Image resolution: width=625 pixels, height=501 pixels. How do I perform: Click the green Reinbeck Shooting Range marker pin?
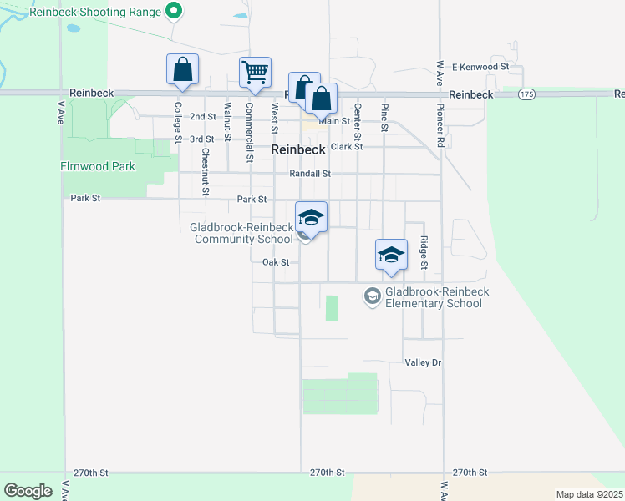(174, 12)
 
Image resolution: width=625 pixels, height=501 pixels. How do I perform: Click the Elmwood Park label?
(98, 166)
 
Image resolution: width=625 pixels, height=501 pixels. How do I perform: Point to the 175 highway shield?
(526, 94)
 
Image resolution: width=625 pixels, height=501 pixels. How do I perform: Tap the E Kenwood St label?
(480, 66)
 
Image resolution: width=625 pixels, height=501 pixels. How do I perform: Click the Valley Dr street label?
(422, 362)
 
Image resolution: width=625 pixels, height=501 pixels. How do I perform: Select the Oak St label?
(275, 261)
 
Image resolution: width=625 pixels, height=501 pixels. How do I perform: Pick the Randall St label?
(310, 174)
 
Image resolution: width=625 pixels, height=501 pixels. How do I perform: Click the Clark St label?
(347, 146)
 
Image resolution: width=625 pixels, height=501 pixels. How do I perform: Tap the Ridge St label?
(424, 252)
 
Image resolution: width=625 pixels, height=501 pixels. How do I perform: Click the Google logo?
(28, 490)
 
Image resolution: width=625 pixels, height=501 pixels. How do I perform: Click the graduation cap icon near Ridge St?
(390, 255)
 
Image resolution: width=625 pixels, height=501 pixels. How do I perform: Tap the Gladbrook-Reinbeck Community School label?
(241, 233)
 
